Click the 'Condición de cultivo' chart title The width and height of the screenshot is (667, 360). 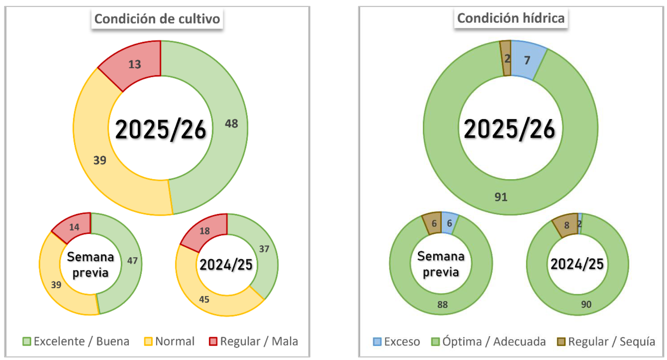157,19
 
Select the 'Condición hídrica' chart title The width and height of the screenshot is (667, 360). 510,18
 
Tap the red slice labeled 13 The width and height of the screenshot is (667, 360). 134,65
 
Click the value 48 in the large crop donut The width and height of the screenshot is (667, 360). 231,124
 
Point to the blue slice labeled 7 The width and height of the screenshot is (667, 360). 527,60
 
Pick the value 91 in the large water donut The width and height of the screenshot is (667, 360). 501,197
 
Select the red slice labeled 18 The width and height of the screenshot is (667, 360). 205,231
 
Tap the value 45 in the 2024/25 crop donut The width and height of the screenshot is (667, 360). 204,300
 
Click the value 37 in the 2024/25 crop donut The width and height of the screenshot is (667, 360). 264,249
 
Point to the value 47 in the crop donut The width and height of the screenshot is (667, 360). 132,261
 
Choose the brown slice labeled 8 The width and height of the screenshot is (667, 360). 566,225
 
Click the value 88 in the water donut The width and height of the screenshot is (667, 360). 442,305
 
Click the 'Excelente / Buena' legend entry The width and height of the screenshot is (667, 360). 76,342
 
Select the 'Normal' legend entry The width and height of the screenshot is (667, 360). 170,342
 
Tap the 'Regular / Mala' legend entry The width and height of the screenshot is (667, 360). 254,342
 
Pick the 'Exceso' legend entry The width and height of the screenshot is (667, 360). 397,342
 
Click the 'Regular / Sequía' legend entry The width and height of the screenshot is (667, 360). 606,342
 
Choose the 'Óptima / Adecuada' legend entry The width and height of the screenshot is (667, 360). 489,342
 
